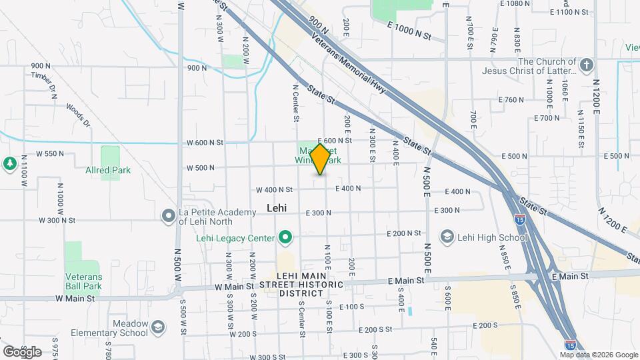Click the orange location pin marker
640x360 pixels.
coord(321,159)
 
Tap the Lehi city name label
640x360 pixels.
coord(276,208)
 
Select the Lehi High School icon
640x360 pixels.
coord(447,237)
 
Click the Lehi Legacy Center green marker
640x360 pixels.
coord(285,237)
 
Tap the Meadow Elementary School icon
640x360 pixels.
coord(157,327)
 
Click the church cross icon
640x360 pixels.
coord(586,65)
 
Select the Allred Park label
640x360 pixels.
coord(107,170)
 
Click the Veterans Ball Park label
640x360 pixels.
coord(83,281)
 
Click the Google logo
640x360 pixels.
coord(22,351)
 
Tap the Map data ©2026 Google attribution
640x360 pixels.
coord(599,354)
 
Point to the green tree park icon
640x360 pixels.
coord(9,163)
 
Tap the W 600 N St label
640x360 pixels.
coord(205,142)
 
